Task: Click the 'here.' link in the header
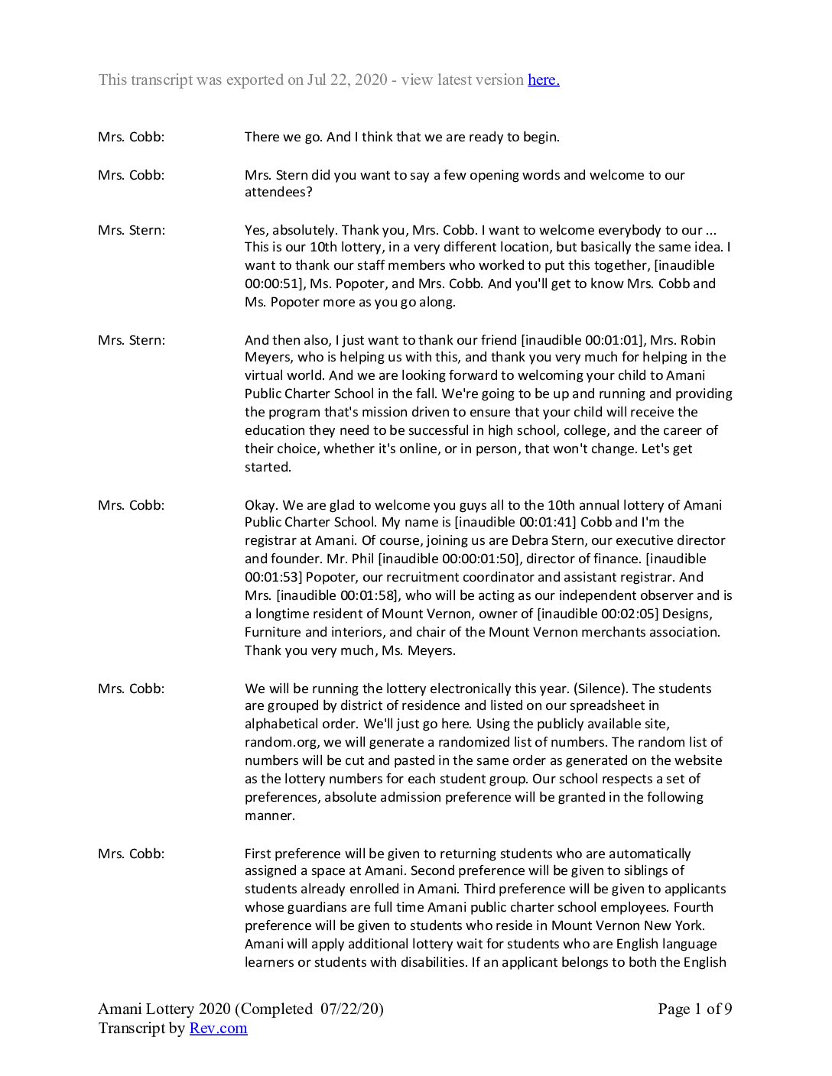[543, 79]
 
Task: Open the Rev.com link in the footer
[218, 1028]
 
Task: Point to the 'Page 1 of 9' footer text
[694, 1009]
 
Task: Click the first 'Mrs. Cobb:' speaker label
[131, 138]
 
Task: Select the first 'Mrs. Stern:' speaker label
[131, 230]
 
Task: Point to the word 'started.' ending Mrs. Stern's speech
[268, 467]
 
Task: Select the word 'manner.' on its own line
[269, 815]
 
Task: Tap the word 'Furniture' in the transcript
[273, 632]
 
